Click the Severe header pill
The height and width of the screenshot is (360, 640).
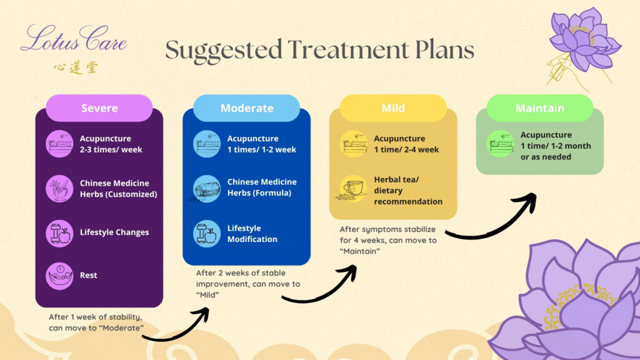pyautogui.click(x=99, y=108)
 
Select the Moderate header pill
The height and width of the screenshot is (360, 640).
pyautogui.click(x=247, y=108)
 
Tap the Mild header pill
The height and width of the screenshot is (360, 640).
pyautogui.click(x=394, y=108)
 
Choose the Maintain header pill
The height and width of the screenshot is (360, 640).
pyautogui.click(x=539, y=108)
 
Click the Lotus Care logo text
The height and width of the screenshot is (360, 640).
pyautogui.click(x=74, y=40)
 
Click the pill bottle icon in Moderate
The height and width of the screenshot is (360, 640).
pyautogui.click(x=206, y=188)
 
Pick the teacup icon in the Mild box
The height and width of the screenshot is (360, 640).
pyautogui.click(x=354, y=188)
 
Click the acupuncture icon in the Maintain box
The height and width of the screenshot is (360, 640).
pyautogui.click(x=501, y=143)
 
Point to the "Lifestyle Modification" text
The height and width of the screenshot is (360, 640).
pyautogui.click(x=252, y=234)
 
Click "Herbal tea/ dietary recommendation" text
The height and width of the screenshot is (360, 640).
pyautogui.click(x=408, y=190)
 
